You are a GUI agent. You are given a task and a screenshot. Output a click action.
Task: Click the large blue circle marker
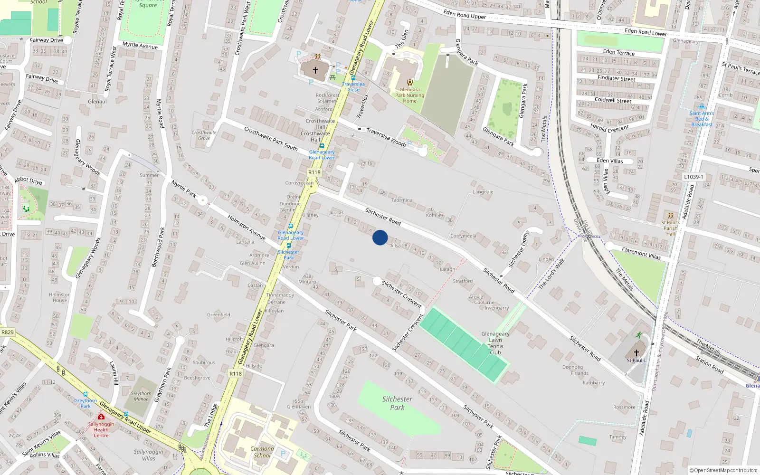(380, 237)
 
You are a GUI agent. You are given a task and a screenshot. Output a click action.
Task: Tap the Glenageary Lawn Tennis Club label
(495, 343)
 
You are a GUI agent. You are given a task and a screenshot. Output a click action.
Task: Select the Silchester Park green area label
(397, 403)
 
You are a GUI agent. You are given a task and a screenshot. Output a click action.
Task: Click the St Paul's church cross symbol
(636, 353)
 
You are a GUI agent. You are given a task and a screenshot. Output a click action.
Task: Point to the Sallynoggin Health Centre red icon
(101, 417)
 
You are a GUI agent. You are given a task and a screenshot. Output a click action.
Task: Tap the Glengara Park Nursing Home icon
(409, 82)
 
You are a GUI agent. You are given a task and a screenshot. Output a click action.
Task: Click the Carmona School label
(262, 452)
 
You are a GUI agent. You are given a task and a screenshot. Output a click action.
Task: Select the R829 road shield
(8, 332)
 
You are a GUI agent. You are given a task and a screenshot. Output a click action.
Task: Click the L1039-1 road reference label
(693, 177)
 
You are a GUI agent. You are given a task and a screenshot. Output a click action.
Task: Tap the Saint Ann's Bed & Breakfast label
(702, 119)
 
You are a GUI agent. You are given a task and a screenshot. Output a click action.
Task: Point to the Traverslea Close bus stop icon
(353, 78)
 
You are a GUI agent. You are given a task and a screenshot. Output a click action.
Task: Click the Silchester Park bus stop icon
(288, 246)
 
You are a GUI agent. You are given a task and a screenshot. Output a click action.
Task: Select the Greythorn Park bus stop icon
(85, 394)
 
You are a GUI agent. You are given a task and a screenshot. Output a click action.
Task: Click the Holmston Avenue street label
(246, 227)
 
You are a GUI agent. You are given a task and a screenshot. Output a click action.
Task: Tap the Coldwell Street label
(613, 100)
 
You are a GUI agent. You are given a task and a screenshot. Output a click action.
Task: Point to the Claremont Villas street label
(641, 253)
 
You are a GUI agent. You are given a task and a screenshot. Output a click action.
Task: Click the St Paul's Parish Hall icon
(670, 216)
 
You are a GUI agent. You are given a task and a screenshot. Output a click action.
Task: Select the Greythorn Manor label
(141, 396)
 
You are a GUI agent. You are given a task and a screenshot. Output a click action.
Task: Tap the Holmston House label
(60, 297)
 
